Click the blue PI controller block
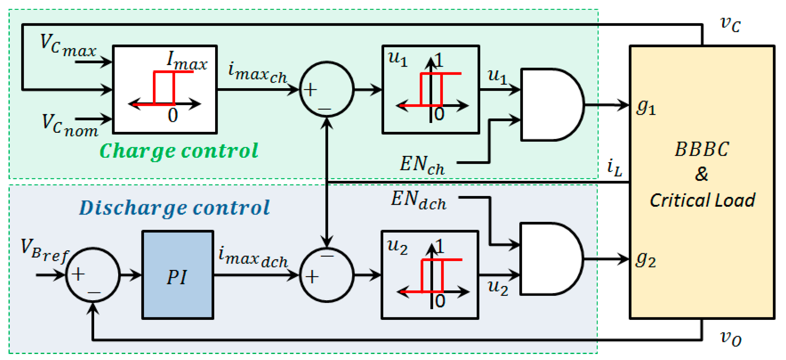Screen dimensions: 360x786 coord(178,275)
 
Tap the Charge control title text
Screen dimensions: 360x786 coord(179,151)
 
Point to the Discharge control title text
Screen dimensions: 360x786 coord(174,208)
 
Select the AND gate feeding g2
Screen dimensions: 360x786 coord(550,259)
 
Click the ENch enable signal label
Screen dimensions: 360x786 coord(422,165)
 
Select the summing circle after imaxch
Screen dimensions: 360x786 coord(327,89)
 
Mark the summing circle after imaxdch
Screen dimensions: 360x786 coord(327,275)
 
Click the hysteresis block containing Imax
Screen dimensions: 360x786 coord(165,89)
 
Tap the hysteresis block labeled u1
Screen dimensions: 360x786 coord(431,89)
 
